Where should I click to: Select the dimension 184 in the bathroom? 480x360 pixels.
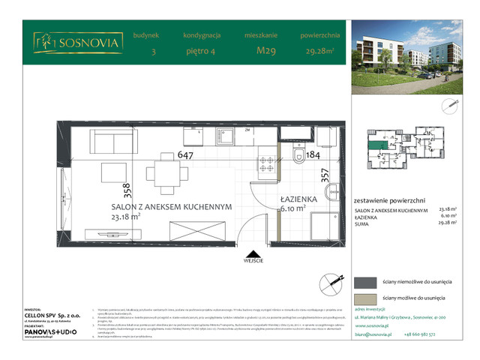(314, 155)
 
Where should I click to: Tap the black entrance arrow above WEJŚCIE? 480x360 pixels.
(253, 253)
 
